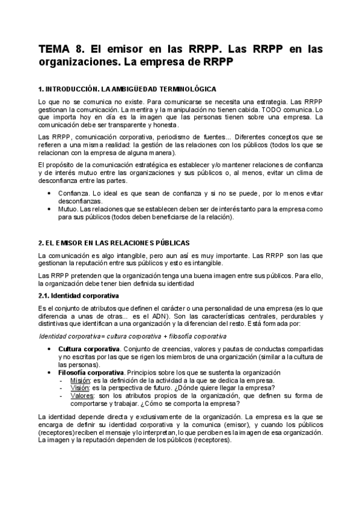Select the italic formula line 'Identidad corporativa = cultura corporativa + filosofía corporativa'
click(132, 336)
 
